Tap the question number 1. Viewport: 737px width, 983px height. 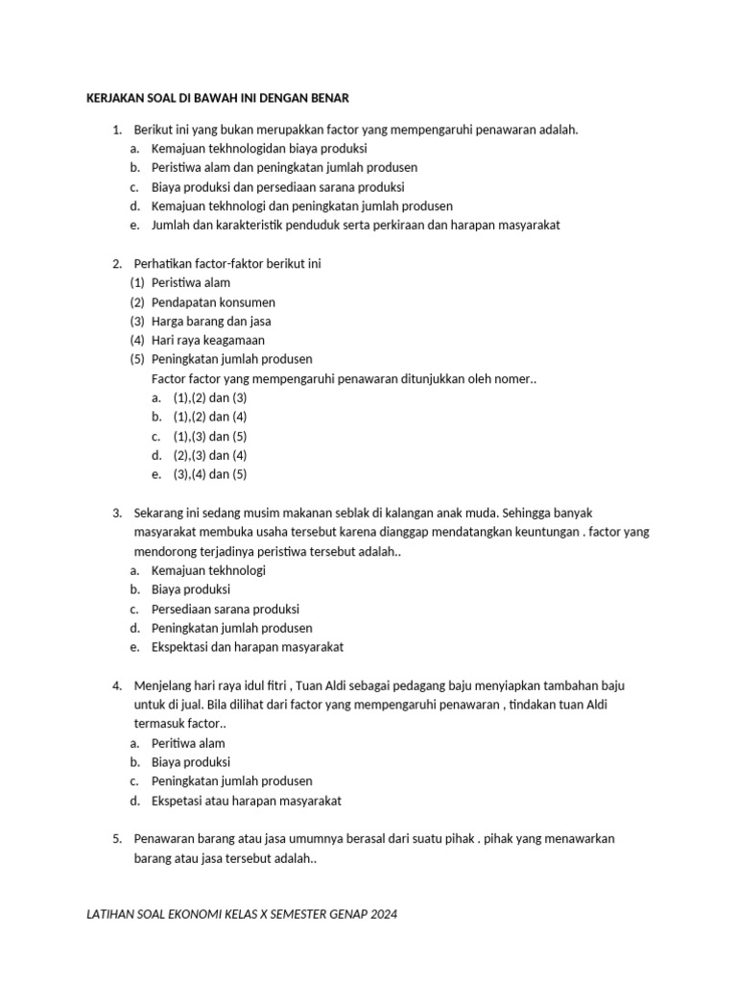pyautogui.click(x=116, y=130)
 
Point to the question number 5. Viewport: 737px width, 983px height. pyautogui.click(x=116, y=839)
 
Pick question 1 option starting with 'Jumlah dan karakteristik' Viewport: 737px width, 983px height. pyautogui.click(x=355, y=226)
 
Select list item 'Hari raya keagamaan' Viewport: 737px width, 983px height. pyautogui.click(x=207, y=341)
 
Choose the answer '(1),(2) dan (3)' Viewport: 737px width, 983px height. pyautogui.click(x=210, y=397)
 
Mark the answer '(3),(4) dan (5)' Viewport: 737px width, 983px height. pyautogui.click(x=210, y=474)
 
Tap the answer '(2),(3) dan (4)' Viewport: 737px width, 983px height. pyautogui.click(x=210, y=455)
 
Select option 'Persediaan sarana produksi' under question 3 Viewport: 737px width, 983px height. pyautogui.click(x=226, y=609)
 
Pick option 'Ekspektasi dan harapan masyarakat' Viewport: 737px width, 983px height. pyautogui.click(x=248, y=647)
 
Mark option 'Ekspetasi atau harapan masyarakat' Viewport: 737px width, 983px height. pyautogui.click(x=247, y=801)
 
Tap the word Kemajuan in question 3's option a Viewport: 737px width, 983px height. pyautogui.click(x=178, y=570)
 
